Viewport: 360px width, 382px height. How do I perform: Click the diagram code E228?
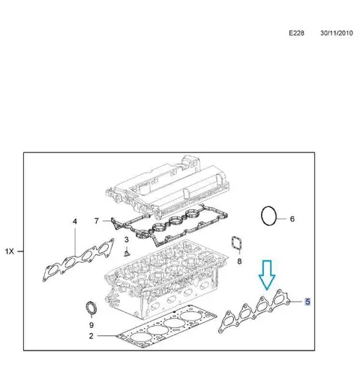(x=296, y=33)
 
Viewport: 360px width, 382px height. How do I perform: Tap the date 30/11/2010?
(x=337, y=33)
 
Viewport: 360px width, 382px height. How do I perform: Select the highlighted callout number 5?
(x=307, y=302)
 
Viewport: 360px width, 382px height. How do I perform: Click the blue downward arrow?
(x=267, y=275)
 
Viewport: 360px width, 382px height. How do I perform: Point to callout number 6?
(x=292, y=219)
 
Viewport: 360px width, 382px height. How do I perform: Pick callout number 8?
(x=239, y=261)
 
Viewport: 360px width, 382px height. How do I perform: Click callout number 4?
(x=75, y=221)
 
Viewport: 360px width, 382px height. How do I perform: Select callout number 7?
(x=97, y=221)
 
